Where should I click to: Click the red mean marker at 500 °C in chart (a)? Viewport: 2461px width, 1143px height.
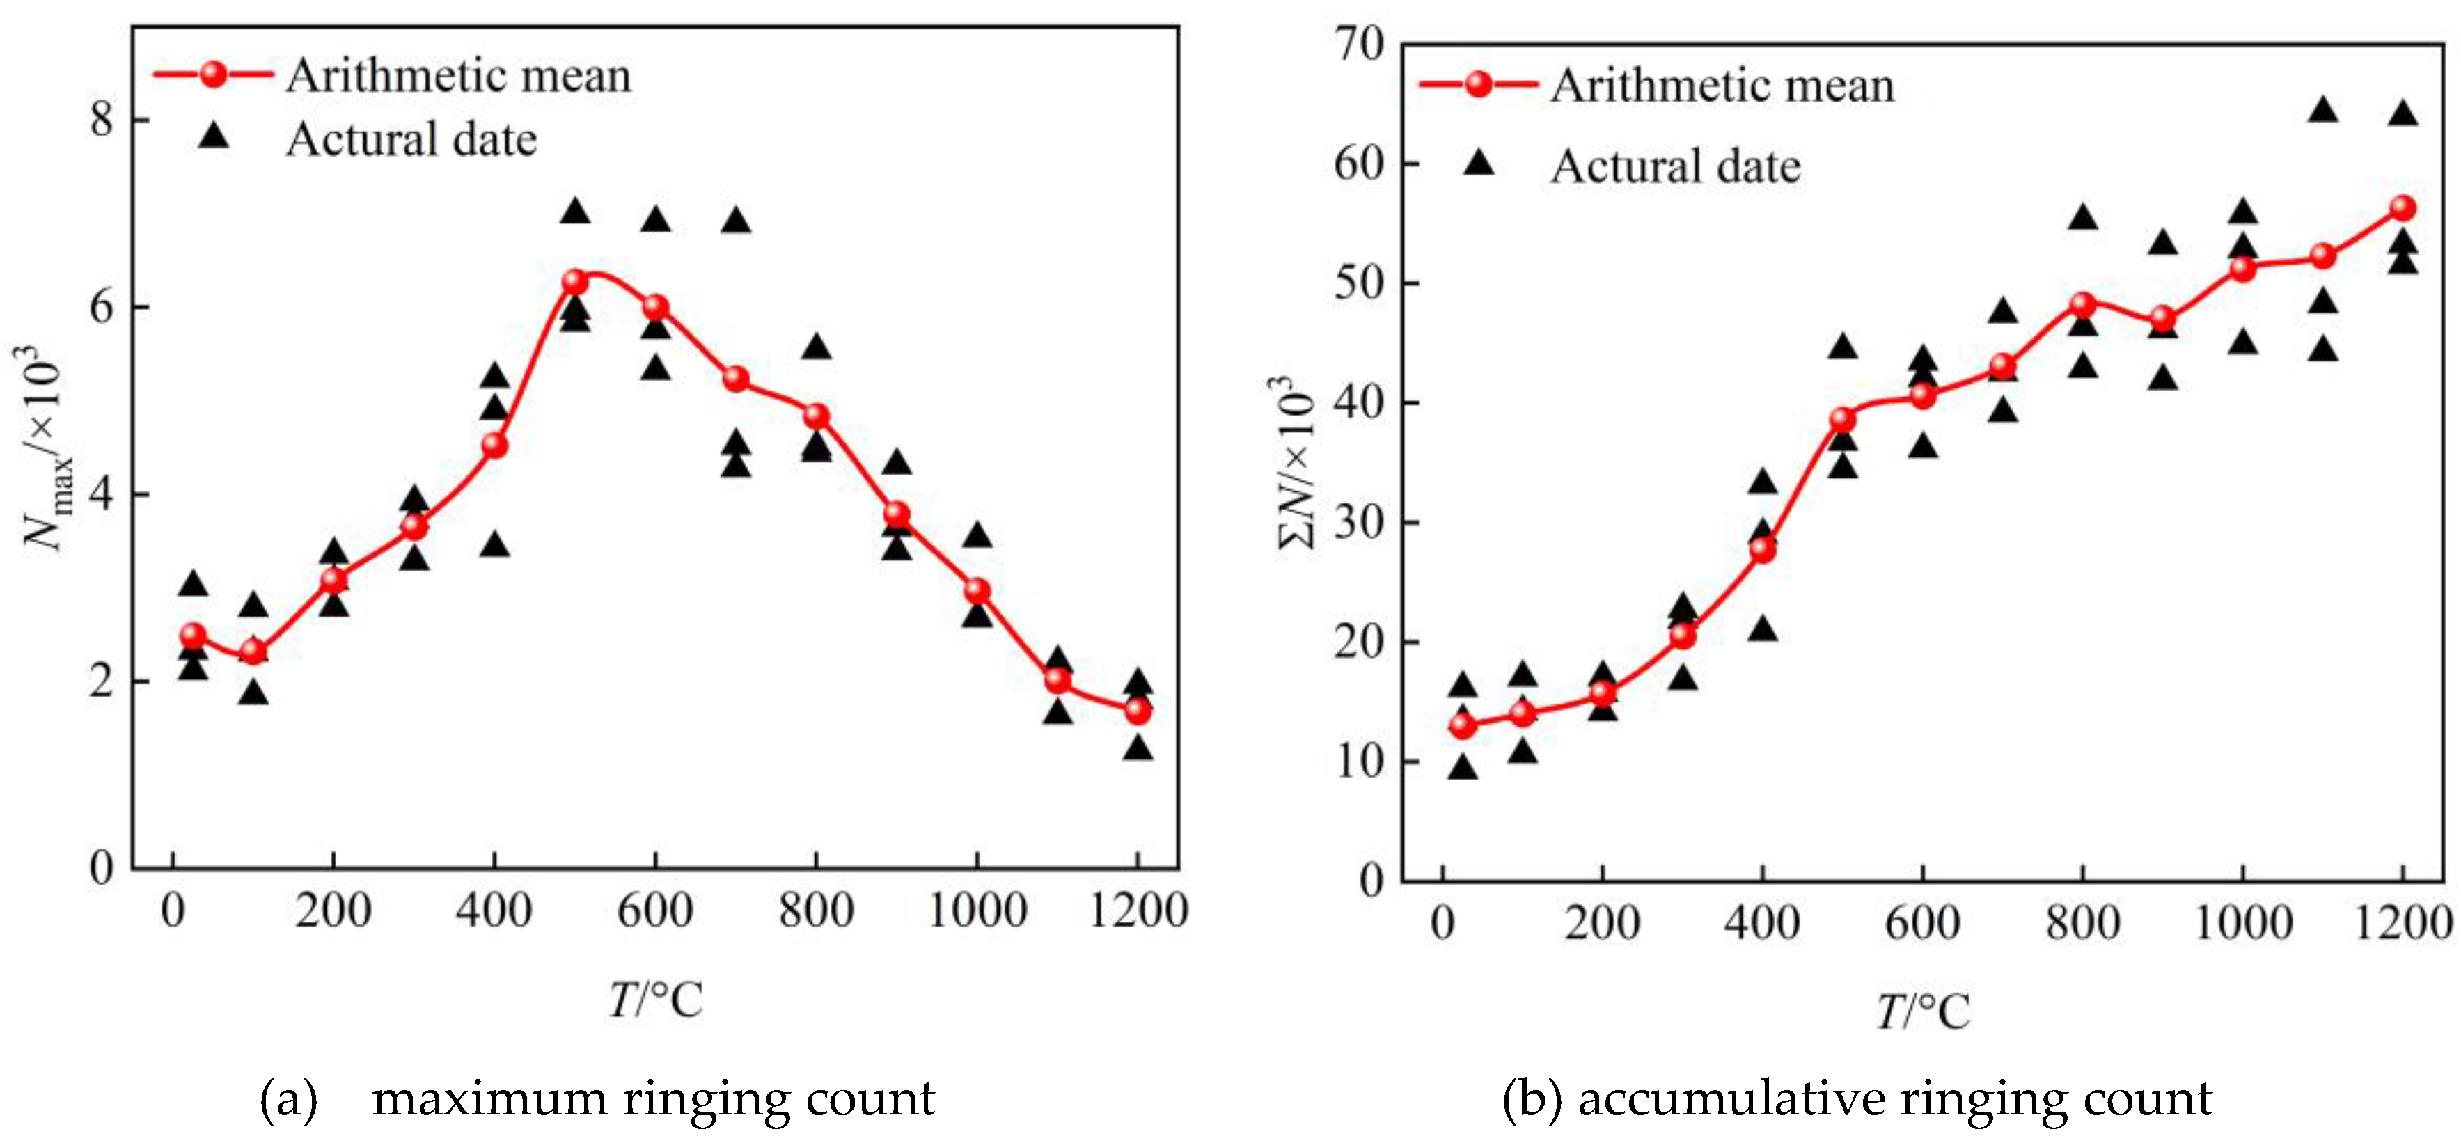(x=574, y=282)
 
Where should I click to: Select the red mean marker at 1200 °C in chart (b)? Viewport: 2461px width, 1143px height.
(x=2403, y=208)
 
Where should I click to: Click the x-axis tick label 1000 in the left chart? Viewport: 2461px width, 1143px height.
(x=977, y=910)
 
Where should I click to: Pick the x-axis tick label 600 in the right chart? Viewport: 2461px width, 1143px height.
(x=1922, y=922)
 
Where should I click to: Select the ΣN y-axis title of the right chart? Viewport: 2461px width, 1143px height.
(x=1298, y=463)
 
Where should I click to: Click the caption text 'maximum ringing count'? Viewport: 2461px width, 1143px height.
(x=654, y=1098)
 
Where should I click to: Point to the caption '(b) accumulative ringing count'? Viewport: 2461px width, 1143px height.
(x=1856, y=1098)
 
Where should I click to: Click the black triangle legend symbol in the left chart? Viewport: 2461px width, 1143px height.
(x=214, y=136)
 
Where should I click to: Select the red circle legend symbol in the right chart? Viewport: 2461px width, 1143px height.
(x=1478, y=84)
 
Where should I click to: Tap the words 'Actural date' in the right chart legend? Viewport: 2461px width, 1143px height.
(x=1675, y=166)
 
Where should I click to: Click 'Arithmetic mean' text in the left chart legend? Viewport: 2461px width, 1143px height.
(x=459, y=75)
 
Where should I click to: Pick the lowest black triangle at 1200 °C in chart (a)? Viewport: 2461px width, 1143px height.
(x=1137, y=748)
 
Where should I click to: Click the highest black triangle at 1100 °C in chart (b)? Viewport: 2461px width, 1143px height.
(x=2322, y=111)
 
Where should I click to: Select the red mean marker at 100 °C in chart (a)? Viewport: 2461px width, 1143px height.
(x=253, y=652)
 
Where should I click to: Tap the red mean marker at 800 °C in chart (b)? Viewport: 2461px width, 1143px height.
(x=2083, y=305)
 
